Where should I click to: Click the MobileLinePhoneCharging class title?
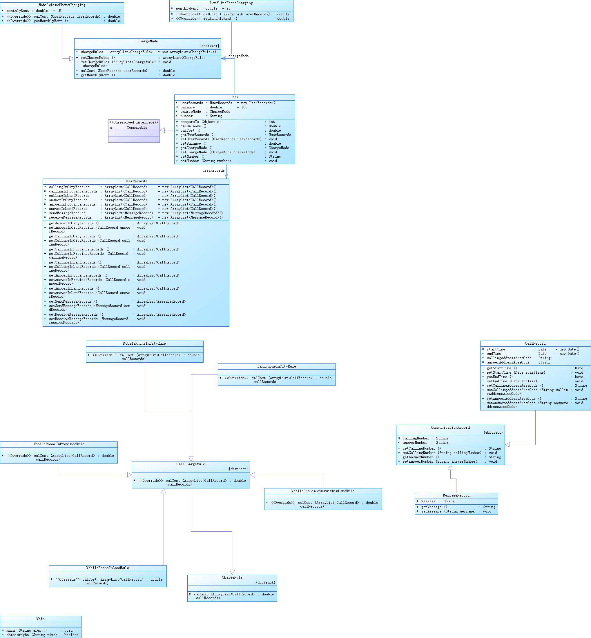(62, 5)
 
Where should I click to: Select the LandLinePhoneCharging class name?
(231, 3)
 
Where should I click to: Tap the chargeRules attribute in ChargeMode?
(92, 52)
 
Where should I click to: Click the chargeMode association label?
(238, 56)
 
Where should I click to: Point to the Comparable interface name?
(137, 128)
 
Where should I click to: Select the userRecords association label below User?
(213, 170)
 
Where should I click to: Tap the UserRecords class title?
(136, 181)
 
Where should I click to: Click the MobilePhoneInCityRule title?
(144, 343)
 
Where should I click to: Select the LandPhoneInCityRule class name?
(276, 367)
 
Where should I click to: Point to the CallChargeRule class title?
(191, 464)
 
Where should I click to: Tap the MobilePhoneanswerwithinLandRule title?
(323, 491)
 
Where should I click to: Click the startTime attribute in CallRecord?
(496, 349)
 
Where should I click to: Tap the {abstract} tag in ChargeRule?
(265, 583)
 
